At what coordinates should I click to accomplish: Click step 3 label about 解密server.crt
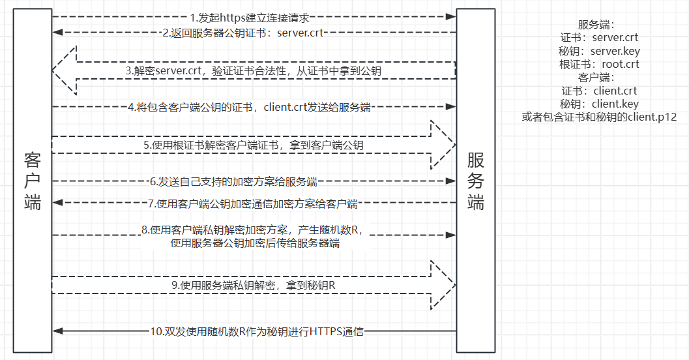tap(254, 70)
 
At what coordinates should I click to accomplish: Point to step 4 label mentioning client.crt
tap(249, 107)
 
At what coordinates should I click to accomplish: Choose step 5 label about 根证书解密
tap(254, 145)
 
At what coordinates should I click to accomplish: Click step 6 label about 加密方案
tap(233, 181)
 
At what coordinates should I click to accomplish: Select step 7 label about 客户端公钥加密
tap(253, 203)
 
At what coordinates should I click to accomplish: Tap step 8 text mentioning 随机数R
tap(256, 236)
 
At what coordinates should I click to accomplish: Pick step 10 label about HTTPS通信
tap(257, 331)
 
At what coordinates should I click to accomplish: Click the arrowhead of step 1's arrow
tap(450, 16)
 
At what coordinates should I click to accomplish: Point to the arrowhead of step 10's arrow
tap(57, 331)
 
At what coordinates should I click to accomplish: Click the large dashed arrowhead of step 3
tap(64, 70)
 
